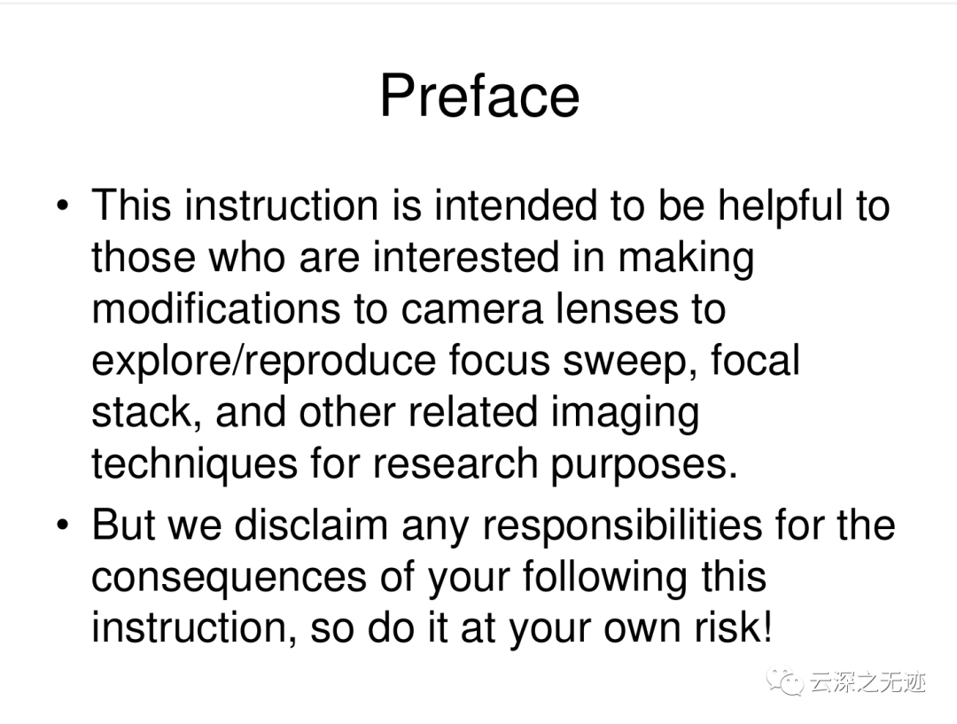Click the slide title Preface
[479, 95]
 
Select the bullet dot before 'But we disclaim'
[62, 525]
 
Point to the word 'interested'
[466, 257]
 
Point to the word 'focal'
[755, 359]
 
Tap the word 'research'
[455, 463]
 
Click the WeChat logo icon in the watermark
[785, 681]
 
